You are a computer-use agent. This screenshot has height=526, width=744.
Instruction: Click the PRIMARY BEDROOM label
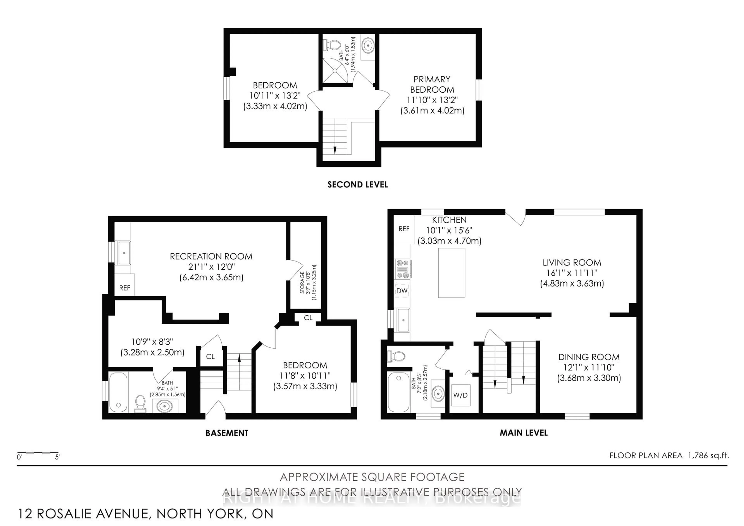[x=432, y=84]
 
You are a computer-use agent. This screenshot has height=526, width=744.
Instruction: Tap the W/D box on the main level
[x=460, y=395]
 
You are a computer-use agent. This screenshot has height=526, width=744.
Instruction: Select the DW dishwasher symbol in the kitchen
[x=402, y=291]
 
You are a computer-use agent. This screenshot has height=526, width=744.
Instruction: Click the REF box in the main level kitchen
[x=404, y=229]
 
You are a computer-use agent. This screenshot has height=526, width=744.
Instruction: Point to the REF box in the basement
[x=124, y=288]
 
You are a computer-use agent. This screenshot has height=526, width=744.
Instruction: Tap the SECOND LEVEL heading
[x=357, y=185]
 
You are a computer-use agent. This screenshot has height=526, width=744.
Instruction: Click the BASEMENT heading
[x=227, y=433]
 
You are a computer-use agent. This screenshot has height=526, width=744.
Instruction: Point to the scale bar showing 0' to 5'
[x=38, y=452]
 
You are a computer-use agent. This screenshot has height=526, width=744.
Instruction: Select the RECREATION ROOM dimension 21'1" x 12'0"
[x=211, y=267]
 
